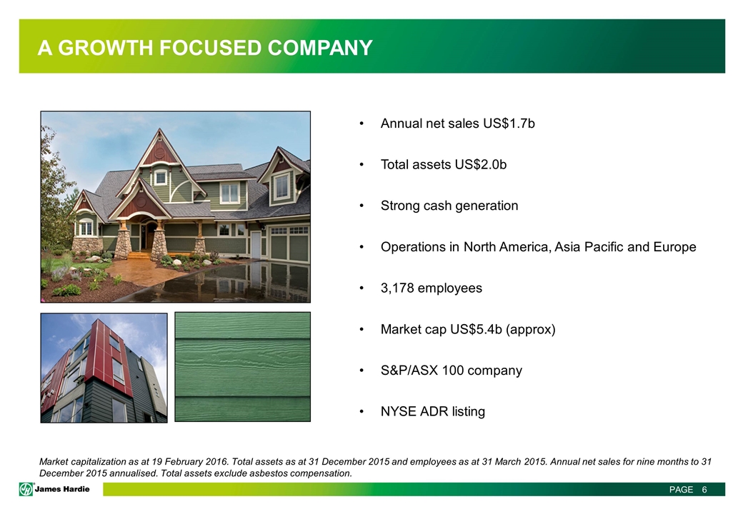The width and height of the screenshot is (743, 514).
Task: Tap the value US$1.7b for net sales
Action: [509, 124]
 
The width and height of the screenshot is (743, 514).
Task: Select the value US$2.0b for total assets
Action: [481, 165]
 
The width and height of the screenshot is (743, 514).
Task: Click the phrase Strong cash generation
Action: [449, 206]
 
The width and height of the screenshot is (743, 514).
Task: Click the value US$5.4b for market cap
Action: [476, 329]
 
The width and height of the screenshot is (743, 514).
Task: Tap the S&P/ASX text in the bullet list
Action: [409, 371]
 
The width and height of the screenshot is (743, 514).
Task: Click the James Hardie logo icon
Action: [26, 489]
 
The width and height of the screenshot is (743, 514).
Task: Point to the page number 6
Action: [704, 490]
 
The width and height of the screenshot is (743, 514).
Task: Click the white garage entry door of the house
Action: [256, 244]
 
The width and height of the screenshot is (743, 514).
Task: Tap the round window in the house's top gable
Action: [160, 152]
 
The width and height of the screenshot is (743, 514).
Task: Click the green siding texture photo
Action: [243, 367]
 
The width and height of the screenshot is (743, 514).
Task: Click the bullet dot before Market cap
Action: [361, 330]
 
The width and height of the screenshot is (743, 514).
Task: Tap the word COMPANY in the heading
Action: [320, 48]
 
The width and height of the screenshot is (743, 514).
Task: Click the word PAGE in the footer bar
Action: [682, 490]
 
